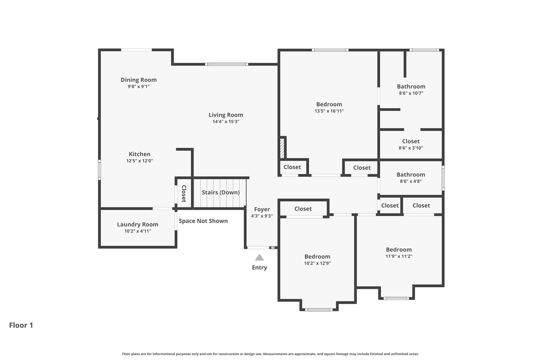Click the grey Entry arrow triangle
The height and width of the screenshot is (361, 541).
(259, 257)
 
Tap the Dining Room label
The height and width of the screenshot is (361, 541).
(139, 80)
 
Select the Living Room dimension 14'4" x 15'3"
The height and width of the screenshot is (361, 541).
(226, 122)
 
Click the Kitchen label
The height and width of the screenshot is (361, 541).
(139, 154)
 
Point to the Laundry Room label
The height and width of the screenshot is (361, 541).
(138, 225)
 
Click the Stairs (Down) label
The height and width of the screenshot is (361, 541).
(221, 192)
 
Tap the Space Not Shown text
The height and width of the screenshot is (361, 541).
(203, 221)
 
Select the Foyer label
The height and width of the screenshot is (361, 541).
(262, 209)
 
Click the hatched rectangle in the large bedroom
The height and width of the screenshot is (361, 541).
(282, 148)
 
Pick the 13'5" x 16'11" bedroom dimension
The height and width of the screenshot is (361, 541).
(329, 111)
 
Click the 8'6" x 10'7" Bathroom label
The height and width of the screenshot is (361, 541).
(411, 86)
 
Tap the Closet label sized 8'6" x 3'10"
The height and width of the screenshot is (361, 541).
(411, 141)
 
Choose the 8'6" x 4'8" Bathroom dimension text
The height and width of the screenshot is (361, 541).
(411, 181)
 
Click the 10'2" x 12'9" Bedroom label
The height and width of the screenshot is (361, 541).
(317, 257)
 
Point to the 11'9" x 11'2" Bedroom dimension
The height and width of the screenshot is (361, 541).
(399, 256)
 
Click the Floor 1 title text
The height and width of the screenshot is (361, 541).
(21, 325)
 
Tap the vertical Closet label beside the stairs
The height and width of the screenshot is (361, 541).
(184, 194)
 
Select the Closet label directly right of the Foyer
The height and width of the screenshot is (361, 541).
(303, 209)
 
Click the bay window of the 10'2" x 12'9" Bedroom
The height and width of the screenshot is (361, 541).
(319, 310)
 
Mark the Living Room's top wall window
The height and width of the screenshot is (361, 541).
(227, 64)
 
